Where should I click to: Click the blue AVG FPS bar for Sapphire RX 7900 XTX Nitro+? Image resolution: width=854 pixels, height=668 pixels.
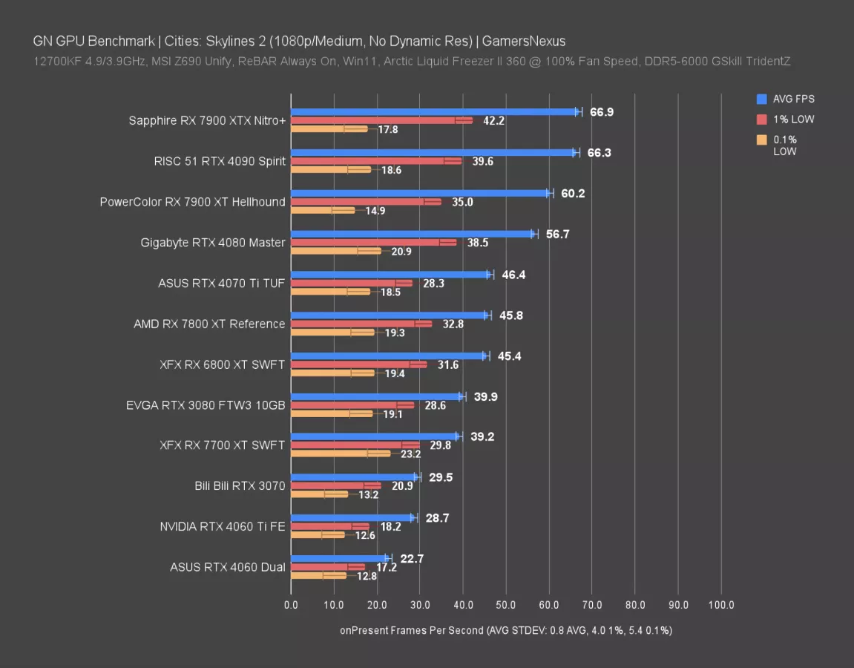pos(434,111)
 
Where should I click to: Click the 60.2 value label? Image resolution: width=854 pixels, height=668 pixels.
pos(574,194)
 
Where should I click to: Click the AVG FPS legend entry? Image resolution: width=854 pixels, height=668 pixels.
pos(795,99)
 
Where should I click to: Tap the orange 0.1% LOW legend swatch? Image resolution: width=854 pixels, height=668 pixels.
pos(762,140)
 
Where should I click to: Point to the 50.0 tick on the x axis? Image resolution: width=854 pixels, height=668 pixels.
pos(506,605)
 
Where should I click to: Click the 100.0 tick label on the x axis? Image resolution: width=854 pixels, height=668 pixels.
pos(721,605)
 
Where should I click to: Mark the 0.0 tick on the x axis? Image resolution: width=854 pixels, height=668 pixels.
pos(291,605)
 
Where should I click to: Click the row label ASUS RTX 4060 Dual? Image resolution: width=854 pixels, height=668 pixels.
pos(227,567)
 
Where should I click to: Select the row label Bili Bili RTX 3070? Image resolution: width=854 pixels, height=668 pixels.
pos(240,486)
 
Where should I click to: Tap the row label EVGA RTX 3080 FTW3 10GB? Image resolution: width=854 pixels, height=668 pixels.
pos(206,405)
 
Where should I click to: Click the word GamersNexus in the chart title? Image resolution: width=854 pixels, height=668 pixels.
pos(534,42)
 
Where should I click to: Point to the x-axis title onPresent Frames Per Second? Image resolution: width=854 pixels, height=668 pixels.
pos(411,630)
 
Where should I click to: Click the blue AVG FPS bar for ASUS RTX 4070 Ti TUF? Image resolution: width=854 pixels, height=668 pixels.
pos(390,274)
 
